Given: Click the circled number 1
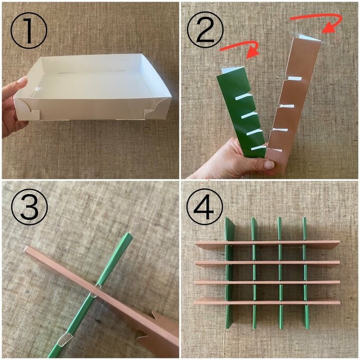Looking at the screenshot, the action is pyautogui.click(x=29, y=30).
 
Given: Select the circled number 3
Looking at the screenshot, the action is pyautogui.click(x=29, y=206).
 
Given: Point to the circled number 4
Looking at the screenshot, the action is pyautogui.click(x=204, y=206).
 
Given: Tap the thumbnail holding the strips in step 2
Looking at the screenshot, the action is pyautogui.click(x=268, y=164).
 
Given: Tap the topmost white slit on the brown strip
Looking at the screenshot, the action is pyautogui.click(x=294, y=78).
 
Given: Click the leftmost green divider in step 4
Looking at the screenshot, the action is pyautogui.click(x=230, y=273).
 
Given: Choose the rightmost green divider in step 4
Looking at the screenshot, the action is pyautogui.click(x=305, y=273).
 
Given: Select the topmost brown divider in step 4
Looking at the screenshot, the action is pyautogui.click(x=267, y=245).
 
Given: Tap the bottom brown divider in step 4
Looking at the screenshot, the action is pyautogui.click(x=267, y=301).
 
